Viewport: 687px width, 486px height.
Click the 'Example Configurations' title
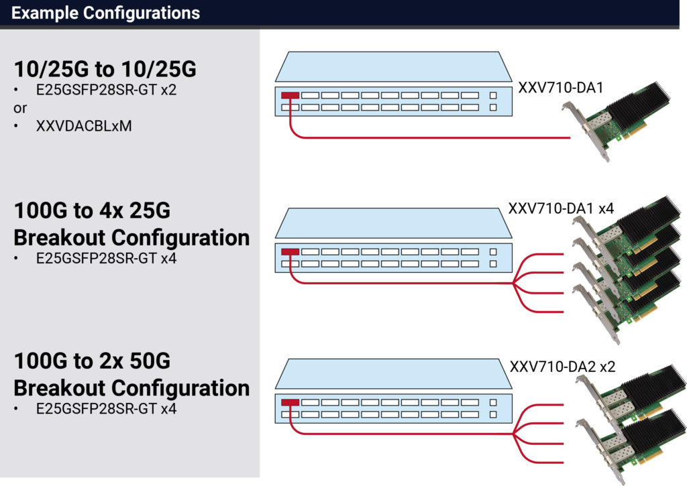pos(105,13)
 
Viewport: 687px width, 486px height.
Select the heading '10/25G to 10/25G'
pos(105,70)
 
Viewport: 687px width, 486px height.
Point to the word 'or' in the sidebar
pos(20,108)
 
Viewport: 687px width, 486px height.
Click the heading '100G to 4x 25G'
pos(92,211)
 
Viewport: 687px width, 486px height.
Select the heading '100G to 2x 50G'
pos(92,362)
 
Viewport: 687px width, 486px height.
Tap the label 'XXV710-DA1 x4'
pos(561,208)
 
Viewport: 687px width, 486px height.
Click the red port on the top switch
pos(290,95)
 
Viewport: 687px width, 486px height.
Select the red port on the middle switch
pos(290,252)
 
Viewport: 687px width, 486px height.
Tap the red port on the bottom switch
pos(290,404)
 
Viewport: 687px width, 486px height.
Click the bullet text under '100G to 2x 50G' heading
pos(106,408)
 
